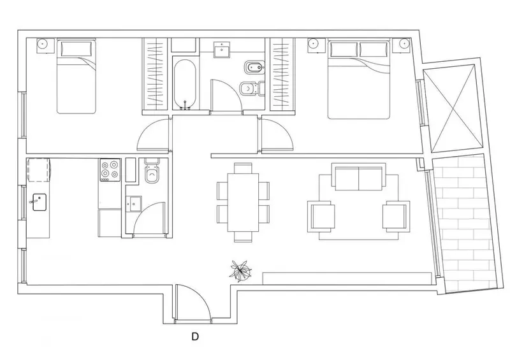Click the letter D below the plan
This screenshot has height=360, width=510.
(x=195, y=336)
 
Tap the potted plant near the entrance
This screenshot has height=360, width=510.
(x=241, y=270)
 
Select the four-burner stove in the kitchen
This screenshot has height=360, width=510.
(x=110, y=170)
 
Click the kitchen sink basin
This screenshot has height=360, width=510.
(x=40, y=202)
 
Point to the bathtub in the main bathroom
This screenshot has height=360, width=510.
(x=184, y=83)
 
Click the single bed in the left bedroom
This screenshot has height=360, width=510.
(x=76, y=76)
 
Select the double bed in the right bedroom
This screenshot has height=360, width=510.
(x=358, y=79)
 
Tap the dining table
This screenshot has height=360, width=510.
(x=244, y=202)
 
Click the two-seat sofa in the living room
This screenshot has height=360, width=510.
(x=359, y=177)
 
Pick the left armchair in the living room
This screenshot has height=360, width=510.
(x=321, y=216)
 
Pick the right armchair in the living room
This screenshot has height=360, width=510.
(x=396, y=216)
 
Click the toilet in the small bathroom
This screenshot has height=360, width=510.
(x=152, y=171)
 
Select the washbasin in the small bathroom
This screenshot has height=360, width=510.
(x=134, y=204)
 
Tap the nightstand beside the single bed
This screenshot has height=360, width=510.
(x=45, y=45)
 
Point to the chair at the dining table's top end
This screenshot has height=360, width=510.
(x=243, y=168)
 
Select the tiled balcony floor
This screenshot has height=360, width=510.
(x=465, y=223)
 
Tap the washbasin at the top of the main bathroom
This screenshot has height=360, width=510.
(x=222, y=50)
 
